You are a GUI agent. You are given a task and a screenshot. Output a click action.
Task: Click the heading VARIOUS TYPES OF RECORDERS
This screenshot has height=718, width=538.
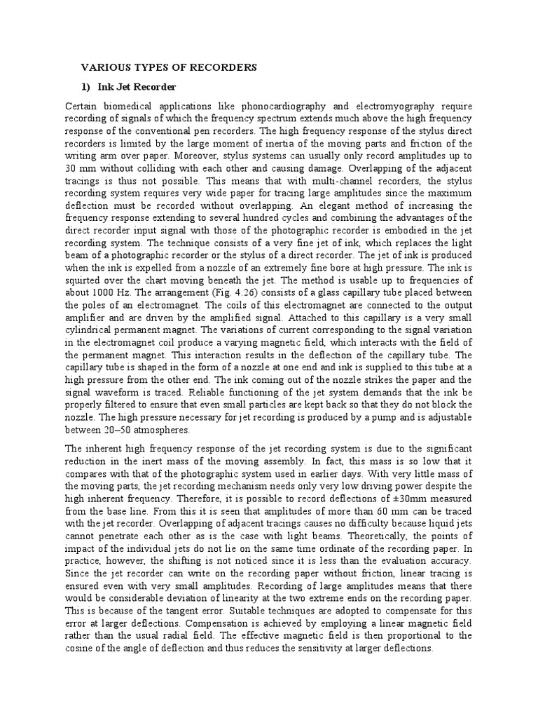[170, 67]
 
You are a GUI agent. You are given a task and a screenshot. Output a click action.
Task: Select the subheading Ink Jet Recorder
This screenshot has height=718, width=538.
[145, 86]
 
